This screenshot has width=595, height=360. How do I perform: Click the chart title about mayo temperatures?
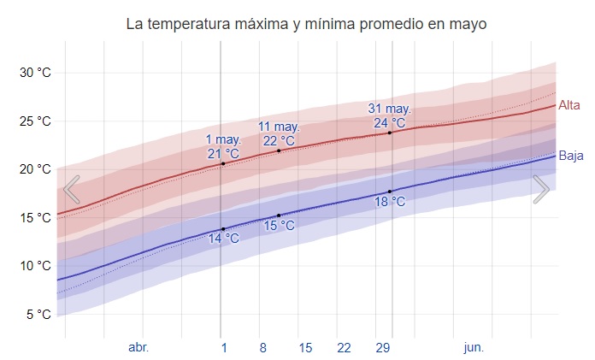point(306,24)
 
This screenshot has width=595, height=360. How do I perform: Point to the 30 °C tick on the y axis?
point(35,73)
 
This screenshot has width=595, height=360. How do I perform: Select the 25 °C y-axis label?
point(35,121)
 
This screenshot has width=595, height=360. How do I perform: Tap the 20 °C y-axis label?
point(35,169)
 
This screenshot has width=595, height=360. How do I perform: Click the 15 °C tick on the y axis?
point(35,218)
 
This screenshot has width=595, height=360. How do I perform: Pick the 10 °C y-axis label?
point(35,266)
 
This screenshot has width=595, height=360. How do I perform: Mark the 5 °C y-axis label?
point(38,315)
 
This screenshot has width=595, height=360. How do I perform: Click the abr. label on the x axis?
point(138,347)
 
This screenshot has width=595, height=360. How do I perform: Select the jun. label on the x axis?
point(474,347)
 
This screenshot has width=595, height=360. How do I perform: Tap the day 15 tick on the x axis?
point(305,347)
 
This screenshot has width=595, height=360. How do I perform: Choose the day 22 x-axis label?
point(344,347)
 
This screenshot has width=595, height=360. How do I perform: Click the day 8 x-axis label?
point(263,347)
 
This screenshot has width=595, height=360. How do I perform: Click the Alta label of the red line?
point(569,105)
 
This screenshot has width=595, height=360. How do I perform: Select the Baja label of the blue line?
point(571,156)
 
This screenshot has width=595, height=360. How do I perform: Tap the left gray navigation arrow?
point(72,189)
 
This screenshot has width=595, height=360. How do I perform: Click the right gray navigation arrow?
point(540,189)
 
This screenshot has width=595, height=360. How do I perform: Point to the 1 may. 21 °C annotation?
point(223,146)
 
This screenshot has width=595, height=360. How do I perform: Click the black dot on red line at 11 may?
point(279,150)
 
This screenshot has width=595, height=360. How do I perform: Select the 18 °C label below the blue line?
point(390,202)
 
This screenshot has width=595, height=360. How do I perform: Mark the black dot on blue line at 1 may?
point(223,229)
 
